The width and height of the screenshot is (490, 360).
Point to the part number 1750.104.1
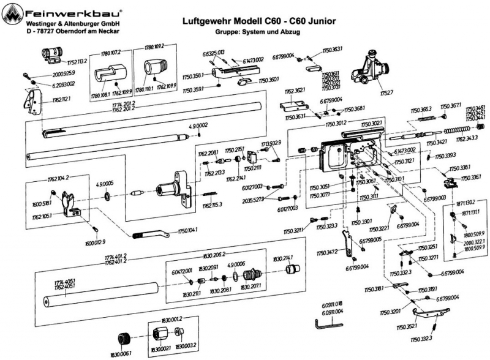[x=187, y=230]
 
